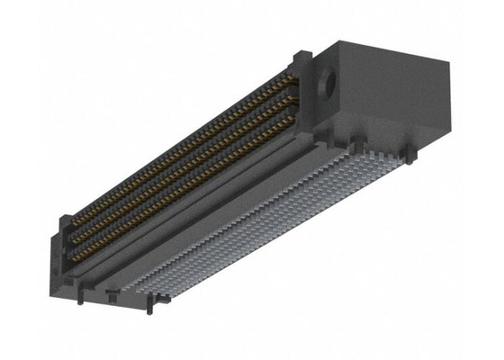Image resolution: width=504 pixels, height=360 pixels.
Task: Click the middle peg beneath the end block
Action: [x=359, y=144]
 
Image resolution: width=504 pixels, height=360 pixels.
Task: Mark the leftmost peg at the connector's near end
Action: [x=81, y=297]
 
